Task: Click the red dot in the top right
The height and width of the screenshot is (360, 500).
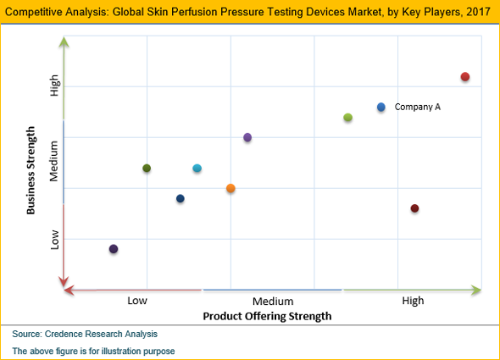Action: [464, 77]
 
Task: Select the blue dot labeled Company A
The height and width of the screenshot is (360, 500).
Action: [381, 107]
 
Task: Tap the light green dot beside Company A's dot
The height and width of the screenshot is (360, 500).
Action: [347, 117]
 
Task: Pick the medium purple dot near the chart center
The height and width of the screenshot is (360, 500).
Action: [247, 137]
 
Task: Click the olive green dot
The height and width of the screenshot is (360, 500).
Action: [147, 169]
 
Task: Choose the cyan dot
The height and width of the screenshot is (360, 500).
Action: [197, 169]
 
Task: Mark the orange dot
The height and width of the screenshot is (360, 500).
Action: [231, 188]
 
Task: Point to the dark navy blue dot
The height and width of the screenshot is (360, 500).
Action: [181, 199]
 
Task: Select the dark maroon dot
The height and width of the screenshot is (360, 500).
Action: [414, 208]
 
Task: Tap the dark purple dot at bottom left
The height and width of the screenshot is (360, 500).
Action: [114, 249]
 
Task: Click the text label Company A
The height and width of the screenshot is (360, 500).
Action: [418, 107]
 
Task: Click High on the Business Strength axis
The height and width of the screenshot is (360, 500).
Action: [55, 86]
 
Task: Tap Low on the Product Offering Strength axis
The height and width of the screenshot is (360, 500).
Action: [139, 301]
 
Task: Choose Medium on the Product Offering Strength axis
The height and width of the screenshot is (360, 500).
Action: [273, 301]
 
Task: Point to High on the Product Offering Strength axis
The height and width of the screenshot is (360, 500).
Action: [413, 301]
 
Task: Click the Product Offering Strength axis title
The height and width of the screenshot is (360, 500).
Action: [267, 315]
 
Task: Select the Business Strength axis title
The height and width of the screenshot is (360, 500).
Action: [31, 169]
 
